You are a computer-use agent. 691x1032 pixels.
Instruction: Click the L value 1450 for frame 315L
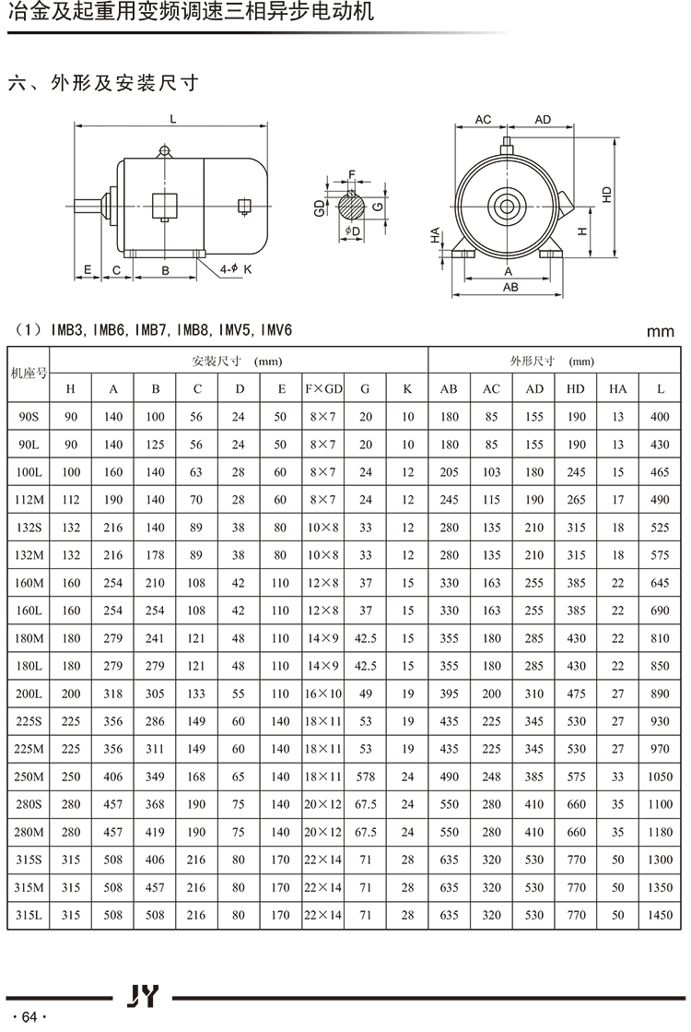pos(660,915)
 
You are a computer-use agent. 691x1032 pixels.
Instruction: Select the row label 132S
pos(28,528)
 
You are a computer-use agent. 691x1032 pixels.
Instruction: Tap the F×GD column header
pos(322,389)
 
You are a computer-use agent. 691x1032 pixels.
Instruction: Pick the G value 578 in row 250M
pos(366,777)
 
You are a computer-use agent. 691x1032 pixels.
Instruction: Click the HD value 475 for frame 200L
pos(576,694)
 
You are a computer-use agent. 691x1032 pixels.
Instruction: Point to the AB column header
pos(449,389)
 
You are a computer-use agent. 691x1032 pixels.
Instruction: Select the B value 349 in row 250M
pos(156,777)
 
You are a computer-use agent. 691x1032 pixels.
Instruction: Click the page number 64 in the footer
pos(29,1016)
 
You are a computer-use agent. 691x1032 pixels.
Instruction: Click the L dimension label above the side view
pos(172,118)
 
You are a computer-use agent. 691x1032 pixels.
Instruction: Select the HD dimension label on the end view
pos(606,196)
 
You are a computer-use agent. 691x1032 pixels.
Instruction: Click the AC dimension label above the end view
pos(483,120)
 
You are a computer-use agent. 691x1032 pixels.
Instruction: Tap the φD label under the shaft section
pos(352,230)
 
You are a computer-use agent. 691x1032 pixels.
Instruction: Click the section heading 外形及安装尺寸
pos(124,83)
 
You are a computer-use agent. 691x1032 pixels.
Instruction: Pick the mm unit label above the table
pos(660,331)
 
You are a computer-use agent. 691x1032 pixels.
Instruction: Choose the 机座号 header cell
pos(28,374)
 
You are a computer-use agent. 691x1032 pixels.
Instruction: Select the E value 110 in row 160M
pos(281,583)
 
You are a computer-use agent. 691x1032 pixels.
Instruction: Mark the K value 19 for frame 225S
pos(408,721)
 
